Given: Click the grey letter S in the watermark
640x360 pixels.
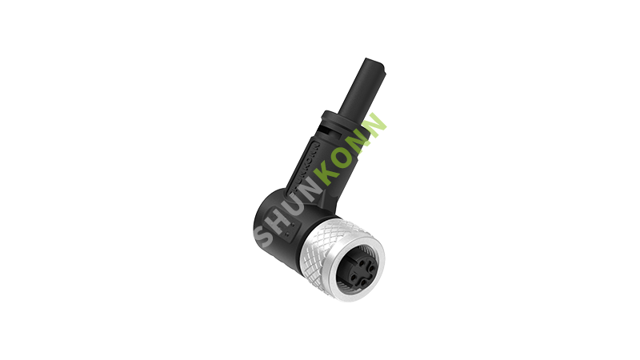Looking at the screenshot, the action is pyautogui.click(x=264, y=235).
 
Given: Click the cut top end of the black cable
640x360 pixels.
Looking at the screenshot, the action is pyautogui.click(x=373, y=63).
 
